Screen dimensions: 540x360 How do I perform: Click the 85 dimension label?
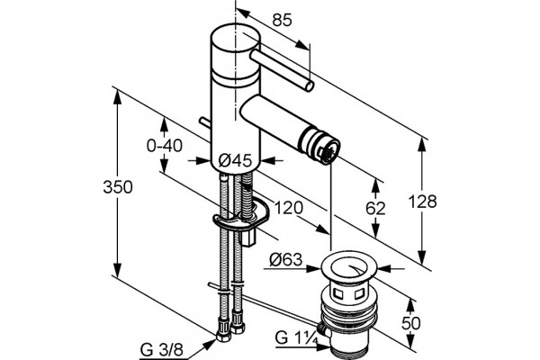(282, 20)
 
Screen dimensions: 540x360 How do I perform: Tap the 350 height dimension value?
(118, 187)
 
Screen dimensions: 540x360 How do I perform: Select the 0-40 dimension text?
(165, 146)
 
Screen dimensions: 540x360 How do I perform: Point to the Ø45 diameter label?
(236, 160)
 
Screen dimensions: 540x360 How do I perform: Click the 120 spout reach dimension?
(289, 208)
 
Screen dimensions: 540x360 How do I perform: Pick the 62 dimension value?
(375, 209)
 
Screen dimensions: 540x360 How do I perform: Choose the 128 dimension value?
(422, 202)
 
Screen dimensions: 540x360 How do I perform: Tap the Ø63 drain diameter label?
(285, 259)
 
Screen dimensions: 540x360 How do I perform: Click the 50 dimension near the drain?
(411, 323)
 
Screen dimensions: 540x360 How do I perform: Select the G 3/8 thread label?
(161, 350)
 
